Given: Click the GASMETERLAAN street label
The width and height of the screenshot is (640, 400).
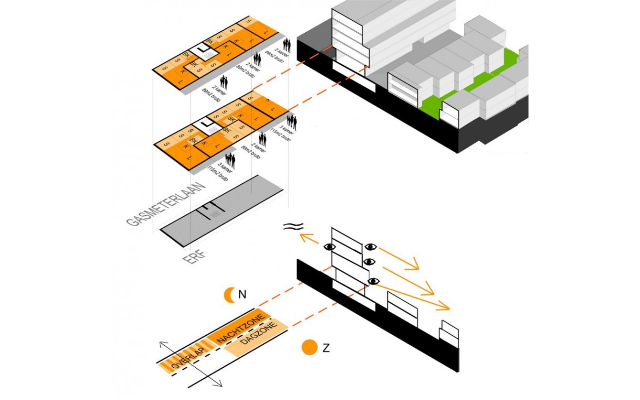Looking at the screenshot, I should (x=166, y=204).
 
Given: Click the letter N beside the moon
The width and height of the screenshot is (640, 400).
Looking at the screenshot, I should (x=242, y=295).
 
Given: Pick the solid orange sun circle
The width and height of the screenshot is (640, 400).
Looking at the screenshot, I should (x=310, y=347).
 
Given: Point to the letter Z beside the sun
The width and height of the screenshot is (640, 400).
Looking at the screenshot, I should (x=326, y=347).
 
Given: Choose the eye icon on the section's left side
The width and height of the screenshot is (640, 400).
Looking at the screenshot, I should (x=330, y=247).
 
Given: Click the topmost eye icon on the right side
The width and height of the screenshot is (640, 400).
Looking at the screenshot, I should (x=371, y=247).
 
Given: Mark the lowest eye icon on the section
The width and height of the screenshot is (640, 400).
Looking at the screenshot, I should (x=374, y=281).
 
